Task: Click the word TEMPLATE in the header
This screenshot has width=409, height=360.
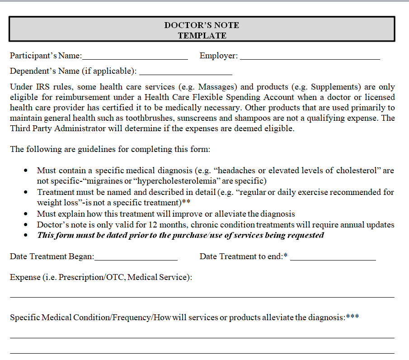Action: coord(202,35)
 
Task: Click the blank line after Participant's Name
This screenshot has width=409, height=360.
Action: coord(135,58)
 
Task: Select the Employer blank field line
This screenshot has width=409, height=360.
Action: coord(310,58)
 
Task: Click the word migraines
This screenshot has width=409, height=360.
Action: coord(107,181)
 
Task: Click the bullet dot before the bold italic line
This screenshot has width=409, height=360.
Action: coord(26,235)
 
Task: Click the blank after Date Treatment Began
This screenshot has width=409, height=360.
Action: coord(136,259)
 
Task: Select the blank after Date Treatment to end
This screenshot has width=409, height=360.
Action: coord(333,259)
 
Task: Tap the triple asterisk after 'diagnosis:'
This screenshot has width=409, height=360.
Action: coord(353,317)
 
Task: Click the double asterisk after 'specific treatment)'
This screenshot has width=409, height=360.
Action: coord(186,202)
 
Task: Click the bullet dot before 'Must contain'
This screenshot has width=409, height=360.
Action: coord(26,171)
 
